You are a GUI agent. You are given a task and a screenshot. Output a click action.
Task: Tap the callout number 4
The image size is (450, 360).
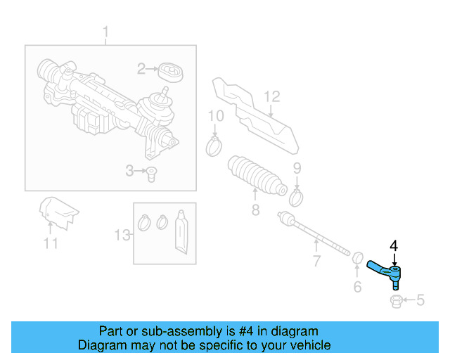click(x=394, y=245)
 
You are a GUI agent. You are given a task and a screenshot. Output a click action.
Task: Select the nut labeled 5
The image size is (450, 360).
click(x=395, y=302)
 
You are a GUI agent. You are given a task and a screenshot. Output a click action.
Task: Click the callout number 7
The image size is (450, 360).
click(x=316, y=262)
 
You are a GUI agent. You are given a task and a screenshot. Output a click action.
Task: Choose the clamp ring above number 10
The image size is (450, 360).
click(x=214, y=147)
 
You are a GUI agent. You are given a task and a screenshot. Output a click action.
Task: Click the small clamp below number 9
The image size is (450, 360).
click(x=297, y=197)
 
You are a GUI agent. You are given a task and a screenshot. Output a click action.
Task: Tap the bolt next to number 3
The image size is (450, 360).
click(x=150, y=173)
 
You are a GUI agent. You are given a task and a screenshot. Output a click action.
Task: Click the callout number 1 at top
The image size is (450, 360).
click(x=106, y=32)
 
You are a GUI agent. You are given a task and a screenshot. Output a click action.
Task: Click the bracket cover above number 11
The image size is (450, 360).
click(x=57, y=212)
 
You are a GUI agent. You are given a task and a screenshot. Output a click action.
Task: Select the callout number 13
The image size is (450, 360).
click(x=122, y=234)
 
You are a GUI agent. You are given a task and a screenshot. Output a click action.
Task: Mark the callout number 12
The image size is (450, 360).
click(x=272, y=96)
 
